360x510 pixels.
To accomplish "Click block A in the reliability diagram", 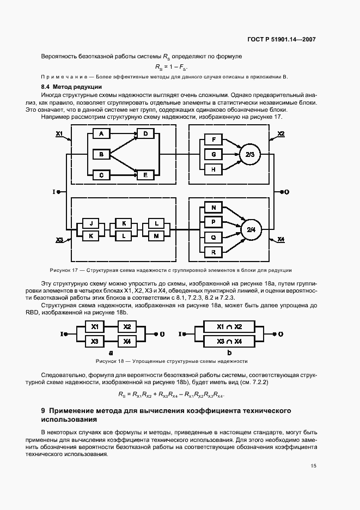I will [x=101, y=134].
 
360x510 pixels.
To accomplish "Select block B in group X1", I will [x=101, y=155].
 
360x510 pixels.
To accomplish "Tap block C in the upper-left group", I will [x=101, y=175].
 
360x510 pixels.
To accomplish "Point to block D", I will [x=145, y=134].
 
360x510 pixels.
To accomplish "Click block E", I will [x=145, y=175].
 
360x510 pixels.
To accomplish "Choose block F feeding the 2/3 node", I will [x=213, y=141].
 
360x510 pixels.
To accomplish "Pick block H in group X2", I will [x=213, y=169].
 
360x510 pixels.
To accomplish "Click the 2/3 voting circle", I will [x=250, y=155].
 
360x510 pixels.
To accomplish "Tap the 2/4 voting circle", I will [x=251, y=229].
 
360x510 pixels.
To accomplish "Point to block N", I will [x=213, y=208].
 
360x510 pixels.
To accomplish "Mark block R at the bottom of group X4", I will [x=213, y=251].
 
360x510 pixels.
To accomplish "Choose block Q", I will [x=213, y=237].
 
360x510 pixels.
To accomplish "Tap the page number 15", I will [x=314, y=465].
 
